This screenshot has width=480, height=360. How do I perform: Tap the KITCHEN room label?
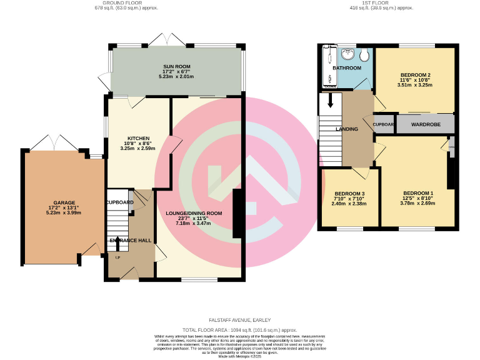(137, 138)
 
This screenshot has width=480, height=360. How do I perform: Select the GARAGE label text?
(64, 202)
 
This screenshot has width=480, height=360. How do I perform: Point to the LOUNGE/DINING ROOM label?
(194, 213)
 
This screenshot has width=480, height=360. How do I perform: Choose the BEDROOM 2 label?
(414, 75)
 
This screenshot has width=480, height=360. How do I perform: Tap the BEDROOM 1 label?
(417, 192)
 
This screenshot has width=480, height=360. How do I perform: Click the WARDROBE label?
(426, 125)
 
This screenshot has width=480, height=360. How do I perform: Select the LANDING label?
(347, 129)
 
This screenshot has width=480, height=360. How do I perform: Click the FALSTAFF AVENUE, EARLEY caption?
(240, 319)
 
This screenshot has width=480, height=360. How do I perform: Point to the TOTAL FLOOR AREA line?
(240, 329)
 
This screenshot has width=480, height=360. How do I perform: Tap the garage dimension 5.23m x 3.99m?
(64, 213)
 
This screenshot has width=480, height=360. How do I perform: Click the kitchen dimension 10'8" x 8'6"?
(137, 144)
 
